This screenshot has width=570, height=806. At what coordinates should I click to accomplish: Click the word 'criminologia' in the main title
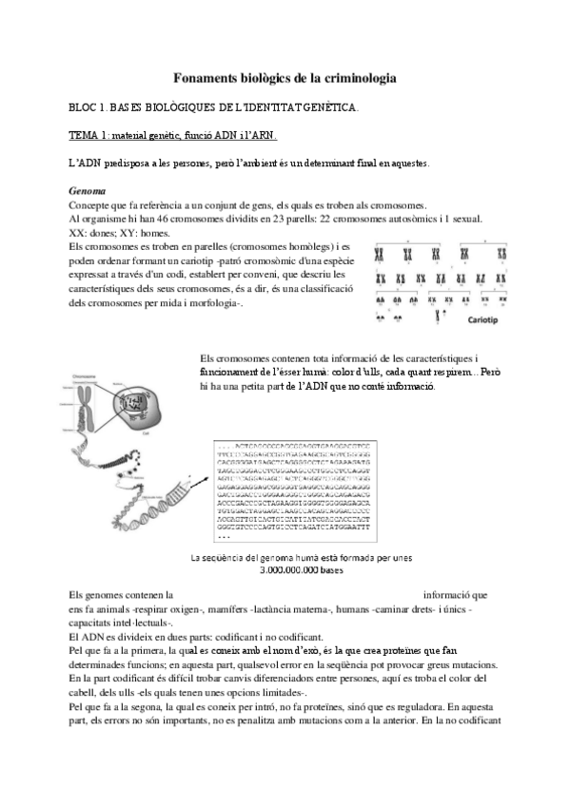(352, 76)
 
